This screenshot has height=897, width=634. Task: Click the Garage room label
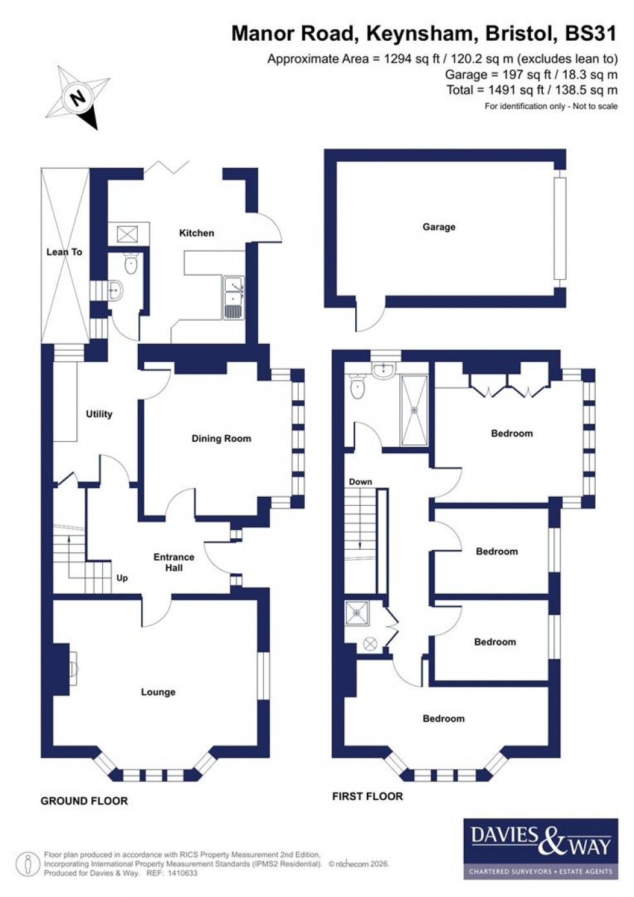pyautogui.click(x=439, y=227)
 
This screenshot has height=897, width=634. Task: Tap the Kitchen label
pyautogui.click(x=196, y=233)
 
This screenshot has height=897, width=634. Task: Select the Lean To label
pyautogui.click(x=64, y=252)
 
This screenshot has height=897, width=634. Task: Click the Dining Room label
pyautogui.click(x=221, y=438)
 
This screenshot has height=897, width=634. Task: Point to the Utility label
pyautogui.click(x=99, y=414)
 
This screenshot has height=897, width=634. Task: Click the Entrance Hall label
pyautogui.click(x=173, y=562)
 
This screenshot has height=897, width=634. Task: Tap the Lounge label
pyautogui.click(x=158, y=692)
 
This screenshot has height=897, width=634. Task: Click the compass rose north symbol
pyautogui.click(x=78, y=99)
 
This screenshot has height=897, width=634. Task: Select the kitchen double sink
pyautogui.click(x=233, y=298)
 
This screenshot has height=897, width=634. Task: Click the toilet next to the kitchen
pyautogui.click(x=131, y=262)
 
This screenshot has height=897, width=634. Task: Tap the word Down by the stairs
pyautogui.click(x=360, y=482)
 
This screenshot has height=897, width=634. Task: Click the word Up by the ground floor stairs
pyautogui.click(x=122, y=578)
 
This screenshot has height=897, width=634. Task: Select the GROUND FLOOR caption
pyautogui.click(x=84, y=801)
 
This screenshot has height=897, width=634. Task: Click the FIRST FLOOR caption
pyautogui.click(x=367, y=797)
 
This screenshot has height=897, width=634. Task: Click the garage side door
pyautogui.click(x=367, y=319)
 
